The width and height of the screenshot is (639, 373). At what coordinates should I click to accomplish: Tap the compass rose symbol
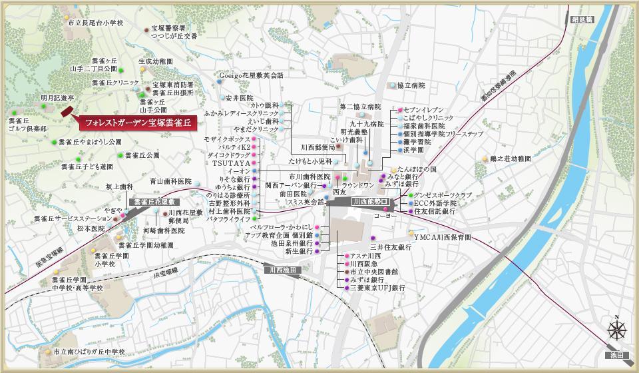(617, 328)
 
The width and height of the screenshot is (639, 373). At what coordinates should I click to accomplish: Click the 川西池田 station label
(282, 270)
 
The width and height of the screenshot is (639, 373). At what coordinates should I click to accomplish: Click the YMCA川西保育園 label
(442, 236)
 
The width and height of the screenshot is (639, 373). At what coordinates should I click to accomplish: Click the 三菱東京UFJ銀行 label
(377, 289)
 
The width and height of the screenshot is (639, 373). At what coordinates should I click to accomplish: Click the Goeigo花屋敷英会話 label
(251, 76)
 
